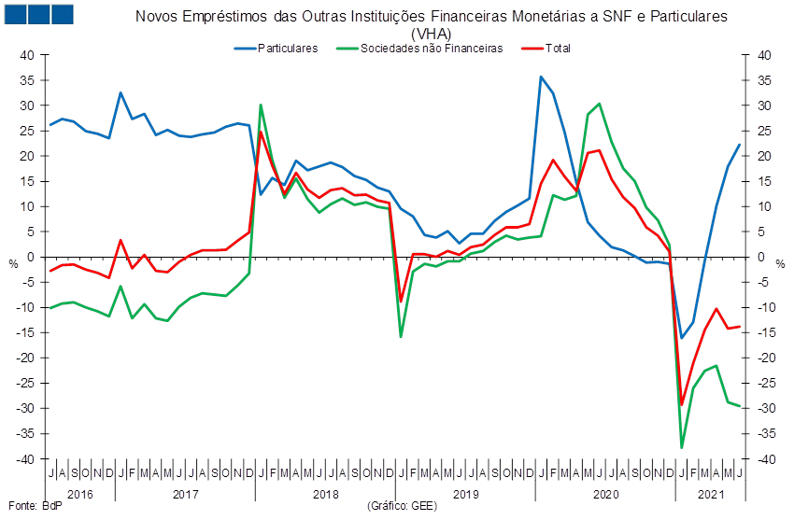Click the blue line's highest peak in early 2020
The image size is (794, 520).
coord(541,77)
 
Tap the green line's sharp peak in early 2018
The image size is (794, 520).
coord(260,105)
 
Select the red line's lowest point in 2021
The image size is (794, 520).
coord(682,404)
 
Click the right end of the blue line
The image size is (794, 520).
coord(740,144)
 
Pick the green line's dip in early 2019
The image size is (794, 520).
coord(401,336)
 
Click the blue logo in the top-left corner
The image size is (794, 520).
coord(38,14)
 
